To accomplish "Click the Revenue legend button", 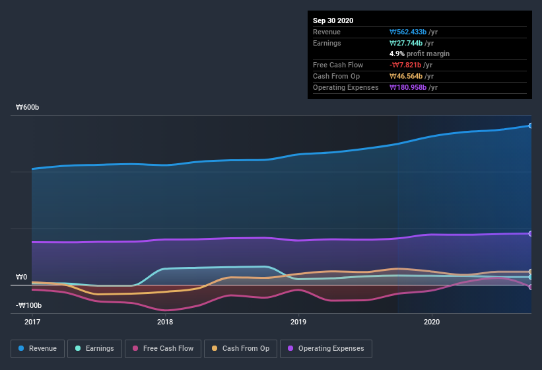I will [x=38, y=348].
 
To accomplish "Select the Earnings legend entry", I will [x=94, y=348].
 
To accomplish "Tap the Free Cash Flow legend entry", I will [x=163, y=348].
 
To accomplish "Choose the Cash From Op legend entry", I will [x=240, y=348].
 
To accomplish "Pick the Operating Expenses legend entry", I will [x=325, y=348].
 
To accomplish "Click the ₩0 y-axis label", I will [x=22, y=277].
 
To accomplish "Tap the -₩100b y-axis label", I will [x=29, y=305].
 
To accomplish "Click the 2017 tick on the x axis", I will [x=32, y=322].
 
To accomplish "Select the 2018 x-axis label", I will [x=165, y=322].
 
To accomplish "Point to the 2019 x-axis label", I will [x=298, y=322].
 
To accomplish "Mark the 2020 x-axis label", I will [x=431, y=322].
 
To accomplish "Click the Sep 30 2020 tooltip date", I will [x=333, y=20].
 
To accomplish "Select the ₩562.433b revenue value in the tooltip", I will [x=411, y=32].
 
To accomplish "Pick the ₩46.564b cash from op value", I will [x=409, y=76].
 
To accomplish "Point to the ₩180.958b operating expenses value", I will [x=411, y=87].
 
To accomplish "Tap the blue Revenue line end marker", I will [x=531, y=126].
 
